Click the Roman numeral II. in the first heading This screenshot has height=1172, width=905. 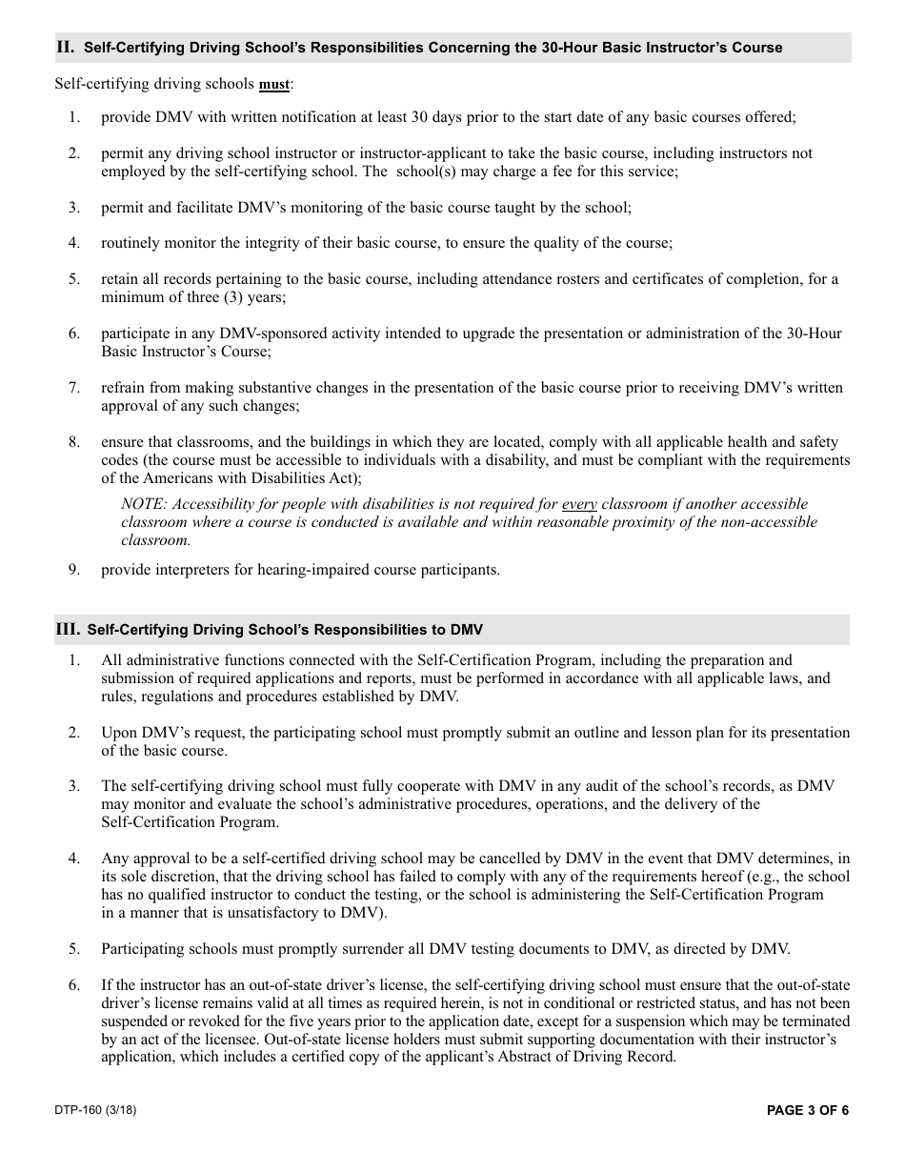pos(66,47)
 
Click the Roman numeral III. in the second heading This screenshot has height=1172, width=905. pos(68,629)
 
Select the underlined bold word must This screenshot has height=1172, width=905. pos(274,85)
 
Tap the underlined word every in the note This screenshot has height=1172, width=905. pos(579,504)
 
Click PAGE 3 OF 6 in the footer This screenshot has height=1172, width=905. pos(807,1110)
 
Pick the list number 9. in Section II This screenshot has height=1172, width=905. pos(73,570)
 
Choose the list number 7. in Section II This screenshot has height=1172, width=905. pos(73,388)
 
